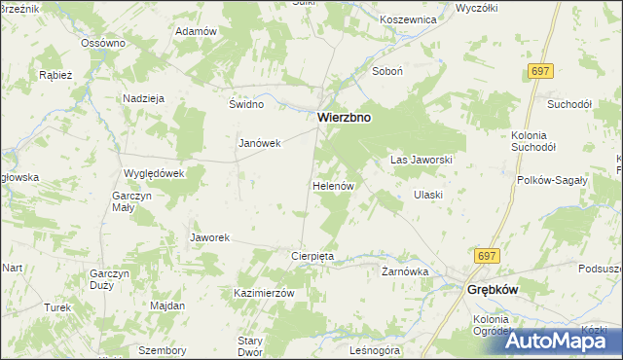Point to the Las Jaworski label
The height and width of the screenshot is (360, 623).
pos(421,159)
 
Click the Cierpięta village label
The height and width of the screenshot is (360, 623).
pos(313,256)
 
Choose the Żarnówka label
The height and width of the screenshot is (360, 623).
pos(405,271)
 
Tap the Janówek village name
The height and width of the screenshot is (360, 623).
pos(260,143)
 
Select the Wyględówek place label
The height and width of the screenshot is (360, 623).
pos(154,172)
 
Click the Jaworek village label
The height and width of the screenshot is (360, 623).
pos(209,237)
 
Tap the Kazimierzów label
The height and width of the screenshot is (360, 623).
pos(264,292)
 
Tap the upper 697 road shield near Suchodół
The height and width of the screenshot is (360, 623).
pos(542,72)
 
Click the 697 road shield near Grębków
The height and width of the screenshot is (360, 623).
pos(488,255)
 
